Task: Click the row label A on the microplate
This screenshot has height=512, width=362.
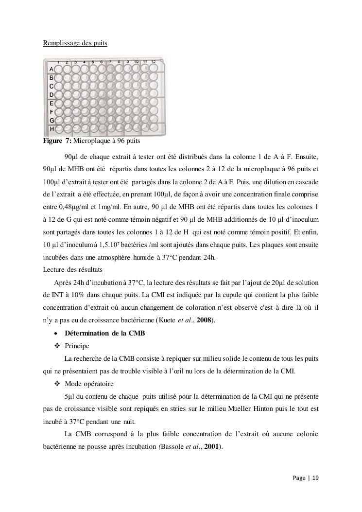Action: click(51, 70)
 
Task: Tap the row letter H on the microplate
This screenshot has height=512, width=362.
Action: click(51, 129)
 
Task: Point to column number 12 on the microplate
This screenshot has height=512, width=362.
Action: click(153, 62)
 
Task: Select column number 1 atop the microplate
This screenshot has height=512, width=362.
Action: click(58, 62)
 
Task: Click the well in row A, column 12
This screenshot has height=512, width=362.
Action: click(155, 69)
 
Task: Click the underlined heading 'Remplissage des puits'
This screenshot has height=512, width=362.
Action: click(75, 43)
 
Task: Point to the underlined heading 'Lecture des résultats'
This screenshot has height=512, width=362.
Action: click(72, 269)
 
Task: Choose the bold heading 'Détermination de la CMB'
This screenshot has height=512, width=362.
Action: click(105, 333)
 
